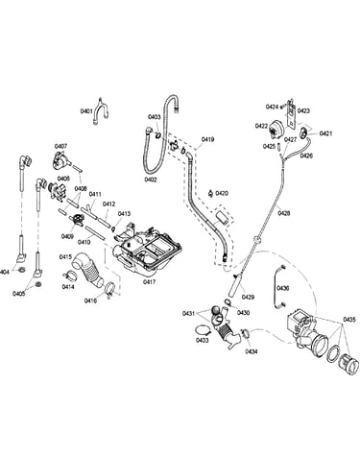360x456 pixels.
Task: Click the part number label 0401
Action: [x=86, y=111]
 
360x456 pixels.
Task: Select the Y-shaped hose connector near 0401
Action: [x=101, y=111]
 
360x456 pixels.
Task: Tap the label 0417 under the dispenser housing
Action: [x=149, y=282]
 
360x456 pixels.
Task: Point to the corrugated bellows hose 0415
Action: [x=88, y=269]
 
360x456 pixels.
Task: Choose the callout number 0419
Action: [x=207, y=139]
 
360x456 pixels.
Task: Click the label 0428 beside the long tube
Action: [x=284, y=212]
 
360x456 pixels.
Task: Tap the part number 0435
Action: [x=349, y=319]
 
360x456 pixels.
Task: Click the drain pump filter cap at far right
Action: [x=348, y=365]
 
